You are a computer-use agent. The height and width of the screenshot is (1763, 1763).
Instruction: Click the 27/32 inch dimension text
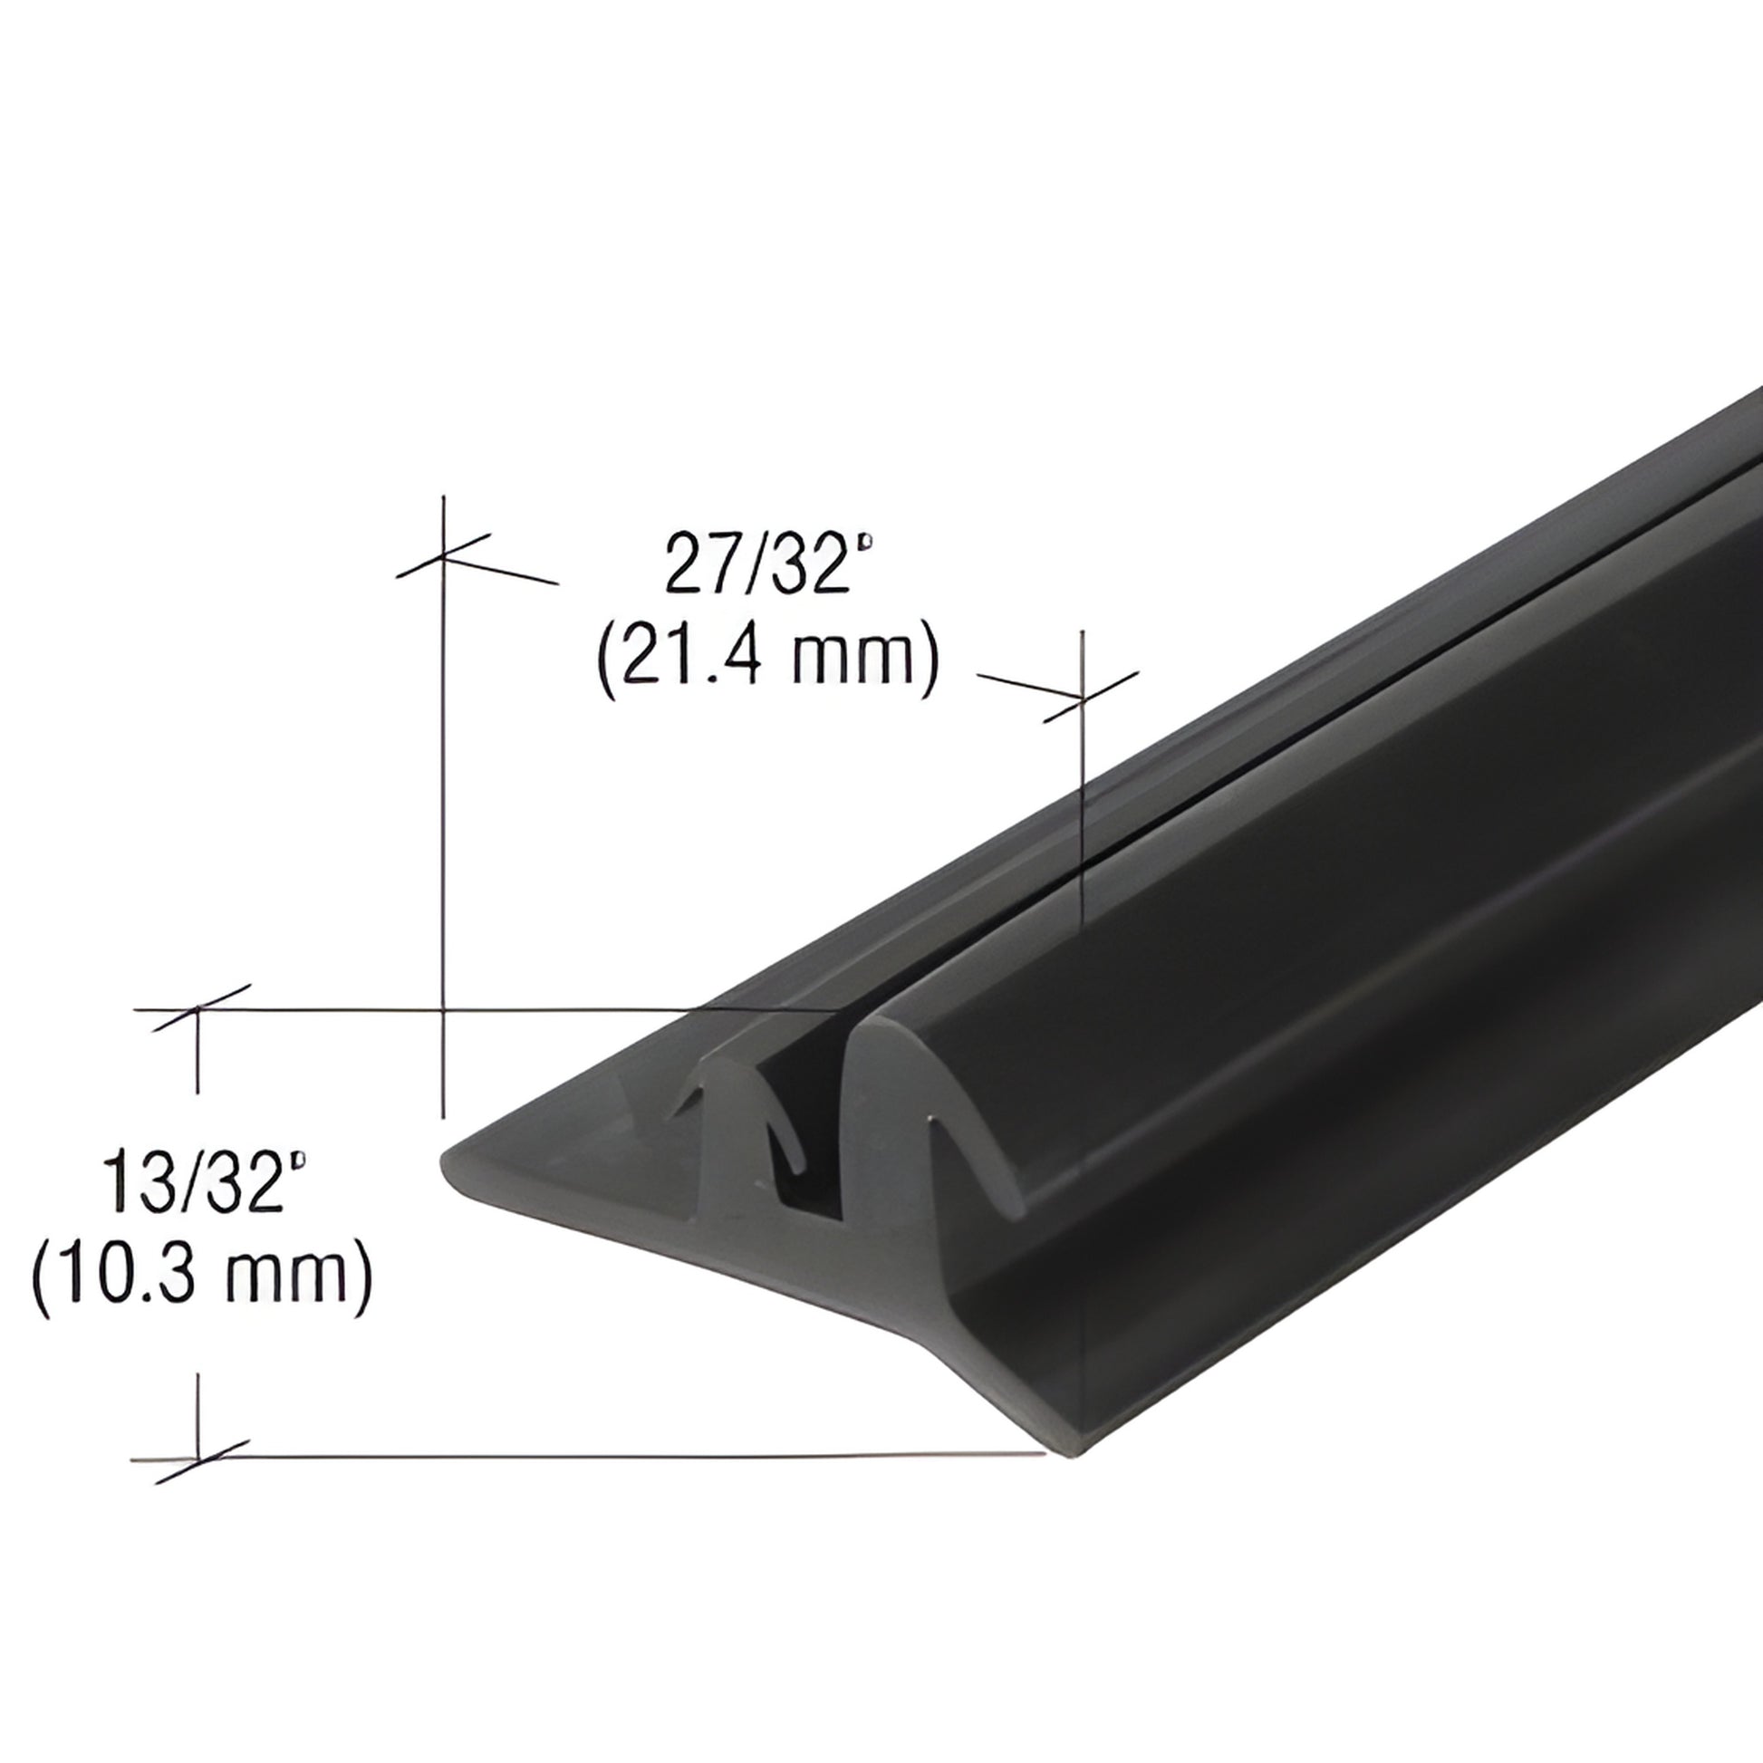(x=768, y=565)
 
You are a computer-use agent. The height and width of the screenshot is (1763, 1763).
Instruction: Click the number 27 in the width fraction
(x=698, y=565)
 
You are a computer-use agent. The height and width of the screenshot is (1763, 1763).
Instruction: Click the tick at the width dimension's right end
(x=1083, y=699)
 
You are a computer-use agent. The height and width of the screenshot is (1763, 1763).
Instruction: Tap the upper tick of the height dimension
(x=198, y=1009)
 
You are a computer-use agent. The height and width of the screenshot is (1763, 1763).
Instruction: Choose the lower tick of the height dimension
(x=199, y=1458)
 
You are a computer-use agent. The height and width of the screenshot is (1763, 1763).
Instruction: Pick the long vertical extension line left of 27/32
(x=444, y=822)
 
